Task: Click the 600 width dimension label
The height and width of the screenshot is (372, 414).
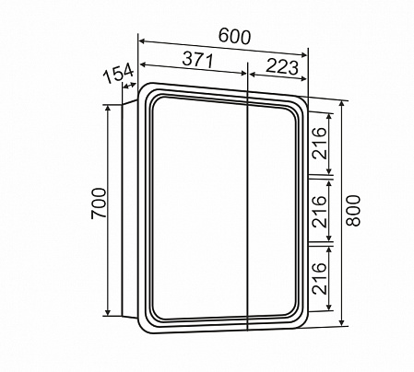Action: pos(234,37)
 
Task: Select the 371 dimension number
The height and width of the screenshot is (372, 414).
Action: pos(197,60)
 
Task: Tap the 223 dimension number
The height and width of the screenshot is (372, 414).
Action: pos(282,66)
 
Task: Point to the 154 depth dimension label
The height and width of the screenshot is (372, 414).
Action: pos(118,73)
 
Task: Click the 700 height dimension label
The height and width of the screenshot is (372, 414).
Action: pos(99,203)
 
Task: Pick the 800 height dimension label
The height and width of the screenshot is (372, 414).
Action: pos(353,211)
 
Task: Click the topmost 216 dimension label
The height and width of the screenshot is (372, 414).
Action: pos(319,143)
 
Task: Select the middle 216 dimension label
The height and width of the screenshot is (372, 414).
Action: pos(319,212)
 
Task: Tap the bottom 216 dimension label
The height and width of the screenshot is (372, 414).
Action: pos(319,279)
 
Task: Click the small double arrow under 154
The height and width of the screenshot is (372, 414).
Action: pos(129,86)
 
